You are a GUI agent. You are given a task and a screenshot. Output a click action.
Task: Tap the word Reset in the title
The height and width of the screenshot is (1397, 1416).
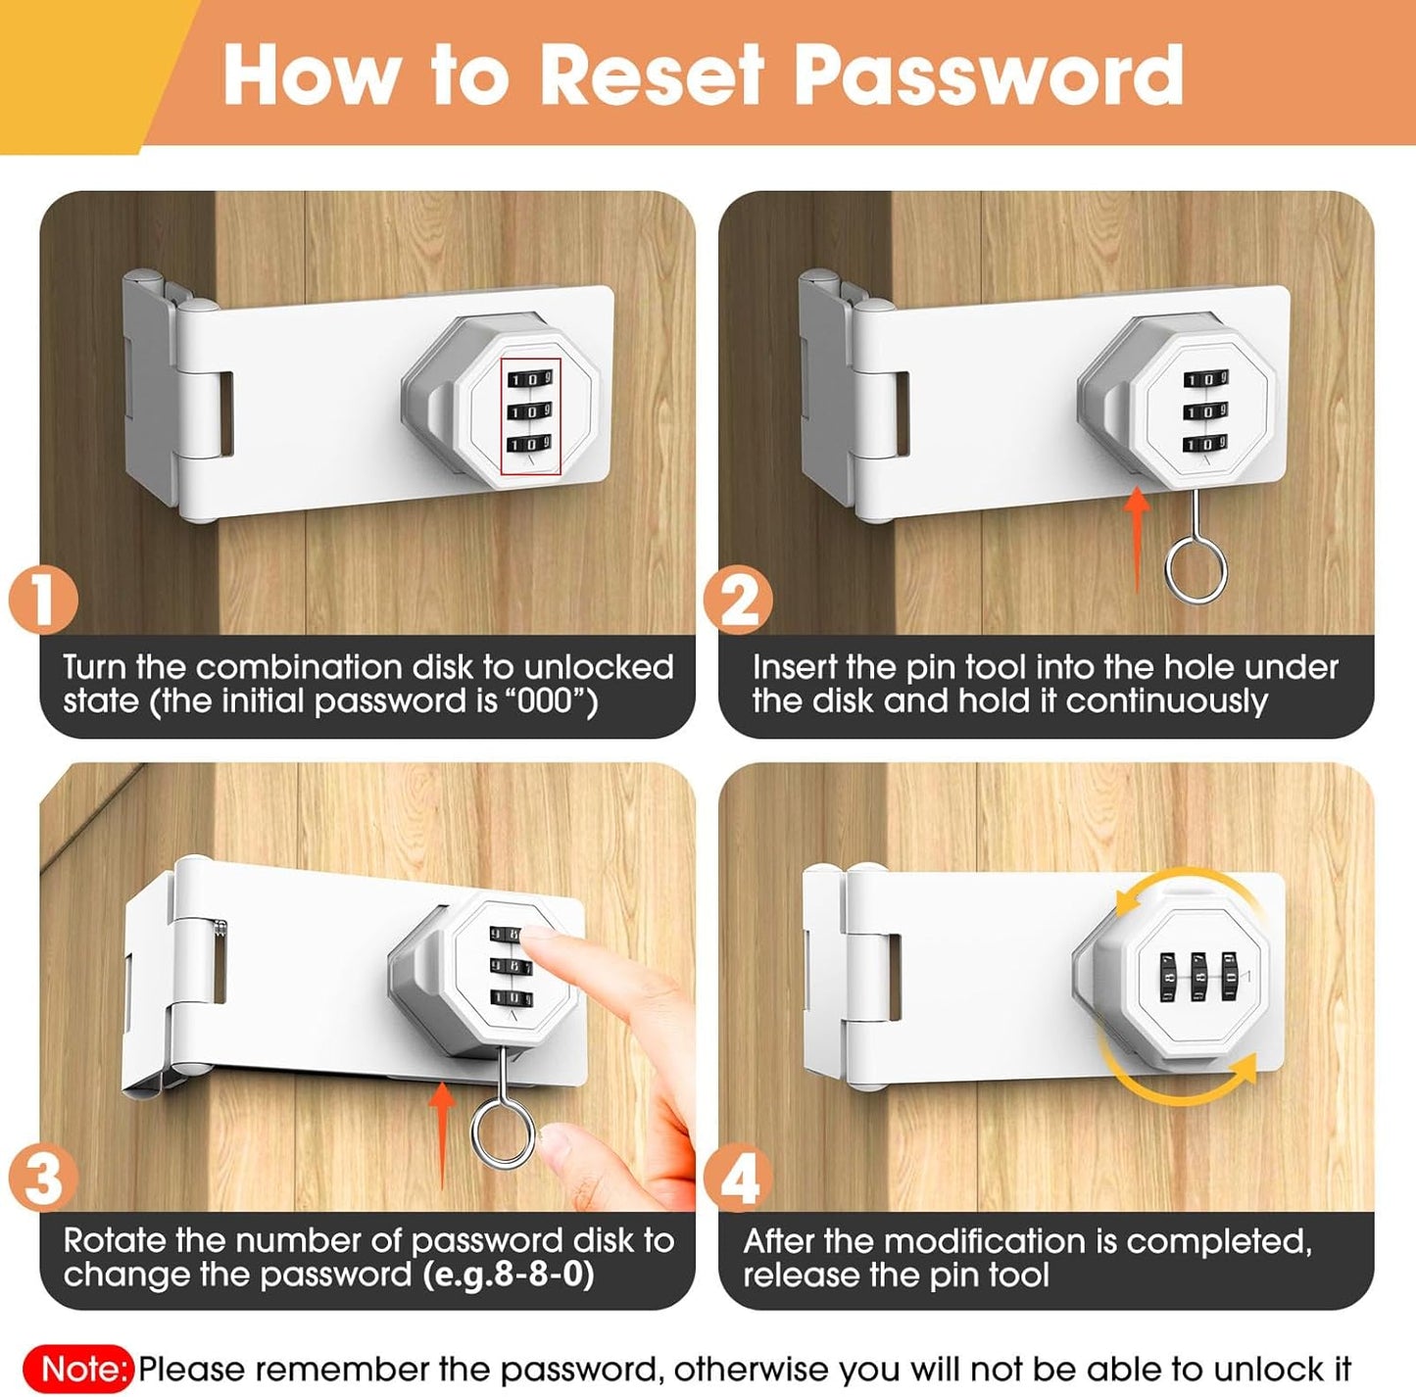click(652, 74)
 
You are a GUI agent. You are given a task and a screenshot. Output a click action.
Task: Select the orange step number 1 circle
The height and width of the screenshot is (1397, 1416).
click(43, 600)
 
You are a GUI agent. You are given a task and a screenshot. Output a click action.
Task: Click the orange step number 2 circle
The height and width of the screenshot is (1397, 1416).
click(738, 600)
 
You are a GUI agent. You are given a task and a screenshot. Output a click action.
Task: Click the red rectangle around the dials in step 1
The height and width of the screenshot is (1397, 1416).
click(530, 416)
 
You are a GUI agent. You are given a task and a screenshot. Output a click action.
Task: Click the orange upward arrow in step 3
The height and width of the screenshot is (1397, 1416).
click(442, 1127)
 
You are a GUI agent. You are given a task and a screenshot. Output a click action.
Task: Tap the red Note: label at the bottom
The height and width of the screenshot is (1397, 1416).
click(85, 1369)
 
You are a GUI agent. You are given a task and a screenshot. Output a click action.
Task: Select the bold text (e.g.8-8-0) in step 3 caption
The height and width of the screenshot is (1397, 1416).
click(509, 1275)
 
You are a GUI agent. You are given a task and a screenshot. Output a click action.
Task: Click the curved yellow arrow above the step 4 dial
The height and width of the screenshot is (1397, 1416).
click(1186, 885)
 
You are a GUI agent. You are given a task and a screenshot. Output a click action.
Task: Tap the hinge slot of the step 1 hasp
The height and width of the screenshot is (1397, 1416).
click(222, 413)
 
